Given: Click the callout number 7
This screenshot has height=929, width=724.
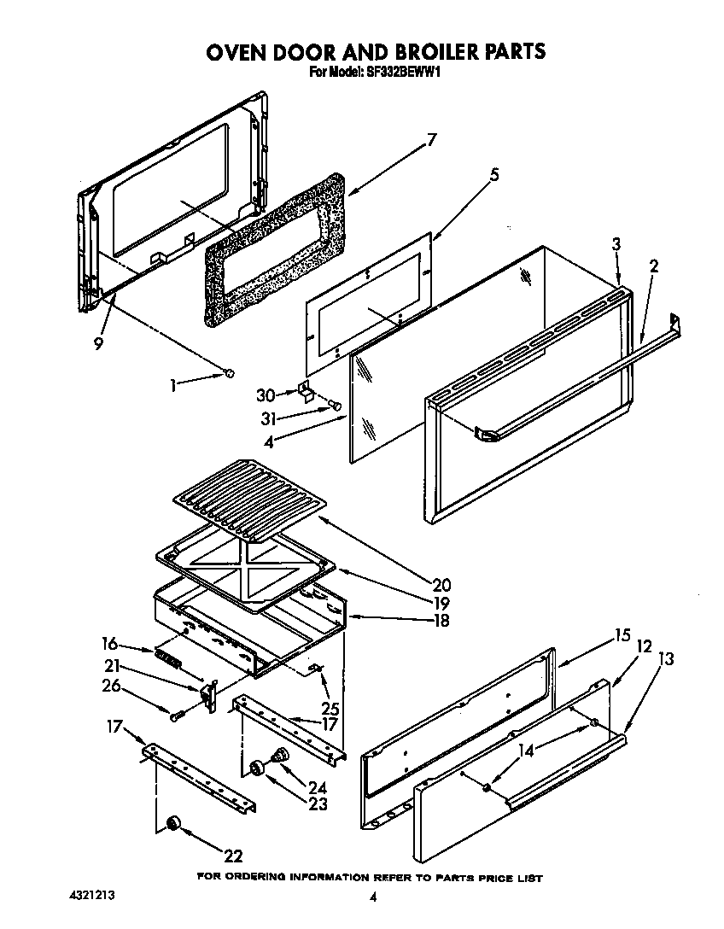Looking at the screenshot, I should tap(431, 140).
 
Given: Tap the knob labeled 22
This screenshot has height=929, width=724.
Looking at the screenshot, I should tap(173, 821).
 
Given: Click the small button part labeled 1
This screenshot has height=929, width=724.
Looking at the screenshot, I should tap(229, 371).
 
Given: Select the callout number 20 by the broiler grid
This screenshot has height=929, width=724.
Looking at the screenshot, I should tap(441, 585).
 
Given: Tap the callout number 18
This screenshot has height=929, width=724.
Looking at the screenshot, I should tap(441, 621).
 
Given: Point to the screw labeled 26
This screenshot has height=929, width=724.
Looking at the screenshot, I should tap(177, 715).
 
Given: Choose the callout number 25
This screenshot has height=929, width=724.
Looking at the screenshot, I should tap(330, 708).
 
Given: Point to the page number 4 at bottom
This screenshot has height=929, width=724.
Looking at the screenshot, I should tap(373, 897).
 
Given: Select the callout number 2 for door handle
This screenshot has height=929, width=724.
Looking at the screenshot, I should tap(653, 266).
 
